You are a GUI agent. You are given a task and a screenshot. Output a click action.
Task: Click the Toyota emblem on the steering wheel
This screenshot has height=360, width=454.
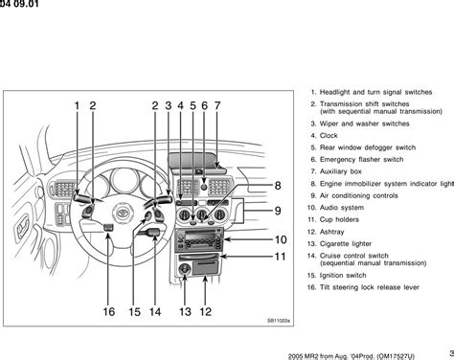coord(123,213)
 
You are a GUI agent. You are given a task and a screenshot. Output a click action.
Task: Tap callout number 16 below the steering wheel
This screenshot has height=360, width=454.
coord(109,312)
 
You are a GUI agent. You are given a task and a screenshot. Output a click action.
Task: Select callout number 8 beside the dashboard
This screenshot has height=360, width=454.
coord(278,186)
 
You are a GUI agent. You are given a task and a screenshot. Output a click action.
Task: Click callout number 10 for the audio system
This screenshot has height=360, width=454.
coord(281,239)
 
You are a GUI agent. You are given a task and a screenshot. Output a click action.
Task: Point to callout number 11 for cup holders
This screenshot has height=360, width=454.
coord(280,257)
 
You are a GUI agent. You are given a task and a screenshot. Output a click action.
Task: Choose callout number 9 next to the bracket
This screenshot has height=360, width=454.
coord(278,211)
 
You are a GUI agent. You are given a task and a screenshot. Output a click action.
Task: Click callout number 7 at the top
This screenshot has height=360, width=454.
coord(217,105)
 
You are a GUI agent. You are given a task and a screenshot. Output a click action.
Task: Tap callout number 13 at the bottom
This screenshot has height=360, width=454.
coord(185,312)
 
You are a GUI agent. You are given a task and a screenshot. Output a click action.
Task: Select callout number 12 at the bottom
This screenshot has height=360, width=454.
coord(206,312)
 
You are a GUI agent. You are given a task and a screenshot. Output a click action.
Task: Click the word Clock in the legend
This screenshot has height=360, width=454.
coord(329,136)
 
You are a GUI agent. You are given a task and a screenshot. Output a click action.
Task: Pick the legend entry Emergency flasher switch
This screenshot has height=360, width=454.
coord(361,160)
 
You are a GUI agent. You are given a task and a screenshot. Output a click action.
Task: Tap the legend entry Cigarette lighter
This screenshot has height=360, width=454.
coord(346,244)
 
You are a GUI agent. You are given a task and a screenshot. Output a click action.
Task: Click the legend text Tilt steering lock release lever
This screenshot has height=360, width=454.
coord(370,287)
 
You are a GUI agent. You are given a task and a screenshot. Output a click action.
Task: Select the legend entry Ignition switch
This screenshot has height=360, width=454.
coord(343,276)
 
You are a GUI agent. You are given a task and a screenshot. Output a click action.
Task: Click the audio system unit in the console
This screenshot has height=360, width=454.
coord(199,240)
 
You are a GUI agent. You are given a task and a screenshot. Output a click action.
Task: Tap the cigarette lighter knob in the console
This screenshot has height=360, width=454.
coord(185,269)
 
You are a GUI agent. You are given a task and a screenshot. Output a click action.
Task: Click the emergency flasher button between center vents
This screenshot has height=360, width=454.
coord(204,185)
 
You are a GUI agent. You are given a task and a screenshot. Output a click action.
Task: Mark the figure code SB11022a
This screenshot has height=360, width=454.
coord(279,321)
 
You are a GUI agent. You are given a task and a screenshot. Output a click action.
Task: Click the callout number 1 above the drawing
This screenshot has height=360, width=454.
coord(77,105)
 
